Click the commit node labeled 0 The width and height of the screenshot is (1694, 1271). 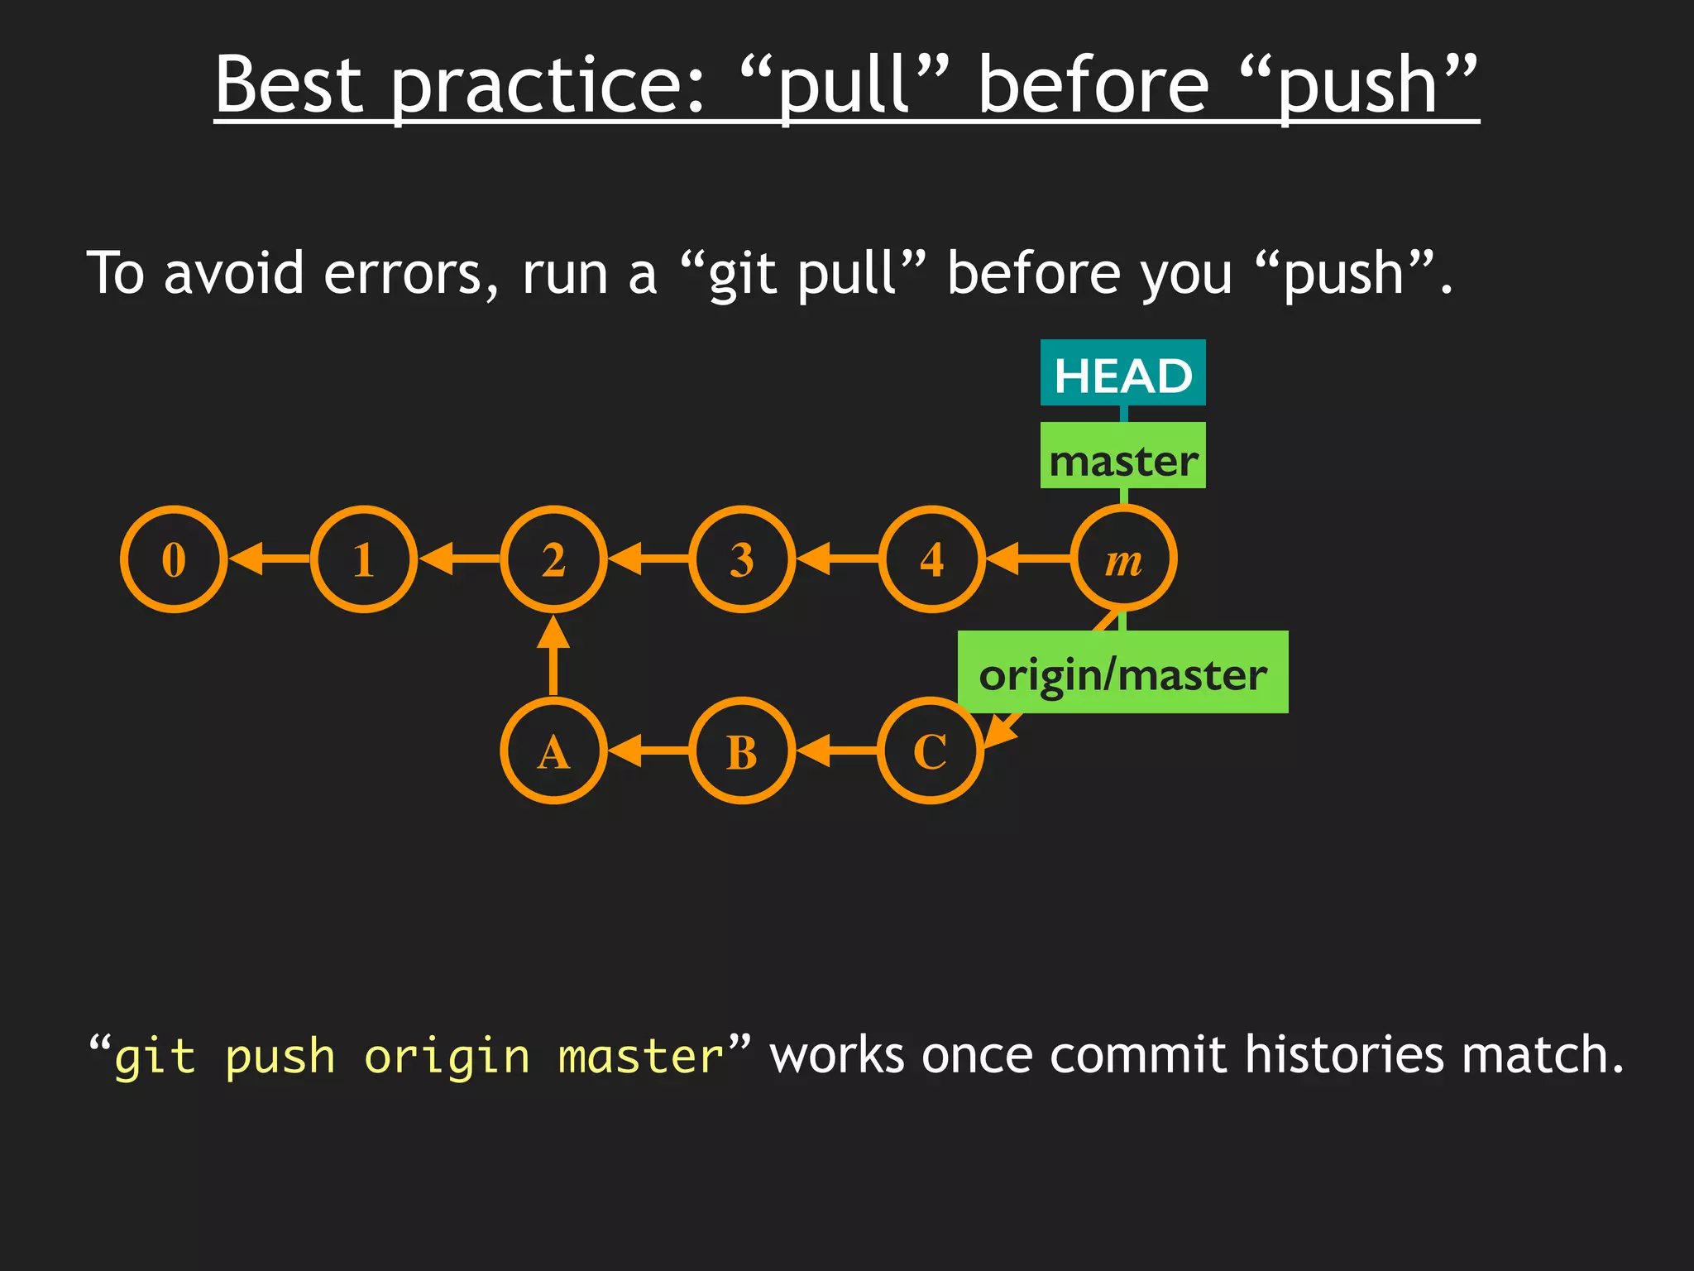tap(174, 559)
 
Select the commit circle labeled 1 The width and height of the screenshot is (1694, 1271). tap(364, 559)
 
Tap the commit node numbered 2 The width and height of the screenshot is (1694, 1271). tap(553, 559)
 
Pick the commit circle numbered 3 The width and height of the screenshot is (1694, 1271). tap(742, 559)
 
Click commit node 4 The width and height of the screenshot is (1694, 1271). tap(932, 559)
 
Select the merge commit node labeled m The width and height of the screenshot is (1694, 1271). tap(1123, 559)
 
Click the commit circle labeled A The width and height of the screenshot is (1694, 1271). tap(553, 751)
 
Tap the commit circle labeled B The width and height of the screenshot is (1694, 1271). tap(742, 751)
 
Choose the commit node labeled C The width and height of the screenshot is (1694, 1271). tap(931, 751)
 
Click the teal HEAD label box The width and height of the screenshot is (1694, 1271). tap(1122, 373)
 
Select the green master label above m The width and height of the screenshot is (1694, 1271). tap(1122, 456)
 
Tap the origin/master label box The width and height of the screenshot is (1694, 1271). tap(1122, 672)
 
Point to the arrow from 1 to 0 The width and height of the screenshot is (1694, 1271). tap(270, 559)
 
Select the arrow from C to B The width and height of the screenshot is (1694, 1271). tap(836, 751)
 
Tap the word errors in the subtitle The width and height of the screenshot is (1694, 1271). tap(410, 273)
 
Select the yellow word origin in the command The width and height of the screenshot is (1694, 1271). tap(447, 1057)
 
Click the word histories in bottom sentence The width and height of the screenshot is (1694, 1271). tap(1344, 1055)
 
